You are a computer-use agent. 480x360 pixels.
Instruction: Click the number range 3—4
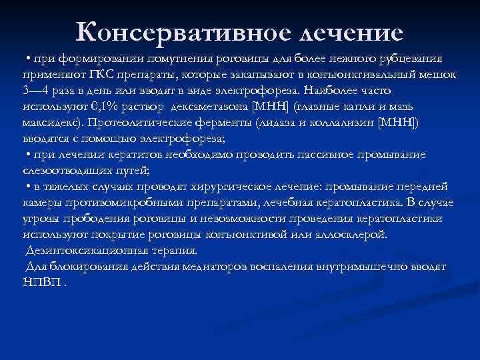(36, 89)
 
